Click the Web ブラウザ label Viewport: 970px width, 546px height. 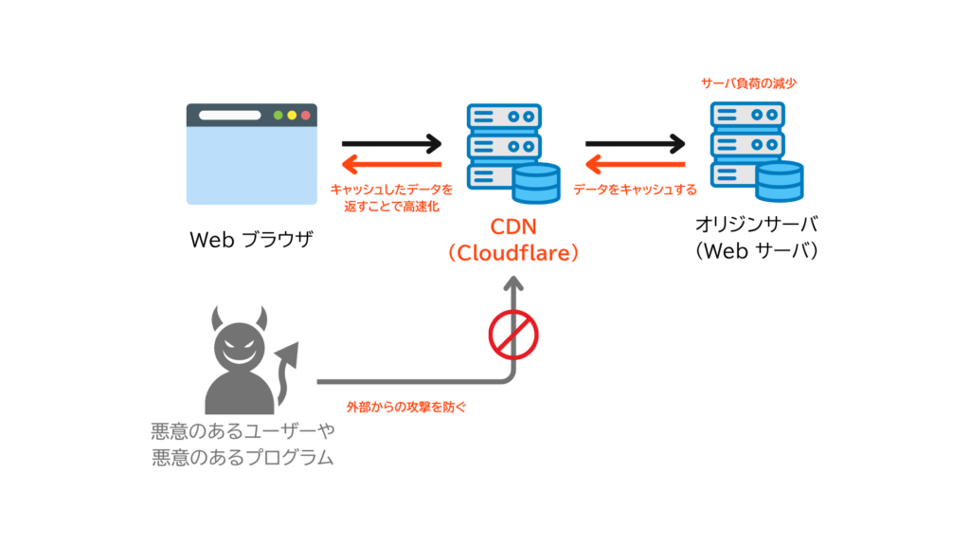pos(251,240)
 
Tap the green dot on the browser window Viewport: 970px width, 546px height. pos(278,115)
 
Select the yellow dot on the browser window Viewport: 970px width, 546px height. pos(292,115)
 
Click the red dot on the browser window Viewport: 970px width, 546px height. pos(306,115)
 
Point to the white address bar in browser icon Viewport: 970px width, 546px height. pos(229,115)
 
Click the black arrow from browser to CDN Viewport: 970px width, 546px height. pos(391,144)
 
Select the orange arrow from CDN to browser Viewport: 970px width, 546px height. pos(391,165)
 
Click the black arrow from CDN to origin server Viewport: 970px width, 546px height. pos(636,144)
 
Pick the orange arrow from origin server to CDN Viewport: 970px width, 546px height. pos(636,165)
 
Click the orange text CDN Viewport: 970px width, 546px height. pos(513,227)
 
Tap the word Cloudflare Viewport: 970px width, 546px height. pos(513,252)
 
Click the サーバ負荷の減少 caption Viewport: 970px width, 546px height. pos(748,83)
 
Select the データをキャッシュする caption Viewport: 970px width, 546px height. pos(636,190)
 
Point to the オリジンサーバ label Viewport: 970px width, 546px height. pos(757,224)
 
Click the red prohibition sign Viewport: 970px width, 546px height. pos(513,335)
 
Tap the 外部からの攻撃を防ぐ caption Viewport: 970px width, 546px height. pos(406,407)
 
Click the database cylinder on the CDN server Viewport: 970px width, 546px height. pos(536,183)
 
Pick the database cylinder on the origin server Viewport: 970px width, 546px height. pos(780,181)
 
